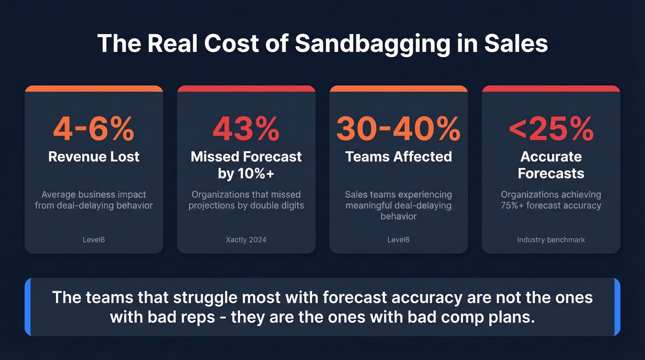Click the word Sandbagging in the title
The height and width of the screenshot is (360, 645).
point(372,44)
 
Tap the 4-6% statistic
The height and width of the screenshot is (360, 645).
point(94,129)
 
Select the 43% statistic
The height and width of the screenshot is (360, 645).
point(246,129)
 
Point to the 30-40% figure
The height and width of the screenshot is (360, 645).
point(399,129)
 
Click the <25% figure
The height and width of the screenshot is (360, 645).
point(551,129)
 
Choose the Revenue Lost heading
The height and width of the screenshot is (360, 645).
point(94,157)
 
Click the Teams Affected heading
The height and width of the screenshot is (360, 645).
point(399,157)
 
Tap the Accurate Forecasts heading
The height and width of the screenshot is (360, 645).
point(551,165)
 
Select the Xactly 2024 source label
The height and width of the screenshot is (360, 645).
point(246,240)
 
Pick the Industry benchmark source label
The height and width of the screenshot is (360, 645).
point(551,240)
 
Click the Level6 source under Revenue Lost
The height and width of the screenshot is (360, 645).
point(94,240)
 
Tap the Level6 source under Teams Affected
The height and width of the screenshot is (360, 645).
point(399,240)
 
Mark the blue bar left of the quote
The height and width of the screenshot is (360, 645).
point(28,307)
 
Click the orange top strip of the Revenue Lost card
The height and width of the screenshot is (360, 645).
point(94,89)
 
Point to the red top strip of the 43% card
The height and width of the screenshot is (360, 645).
point(246,89)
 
